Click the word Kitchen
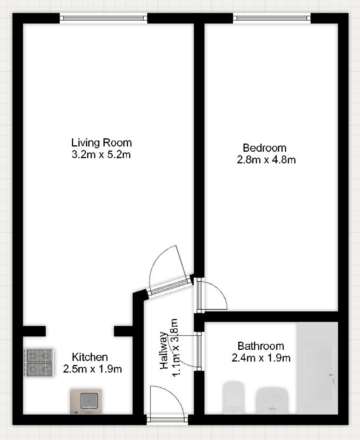coord(90,356)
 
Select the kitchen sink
coord(84,401)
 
